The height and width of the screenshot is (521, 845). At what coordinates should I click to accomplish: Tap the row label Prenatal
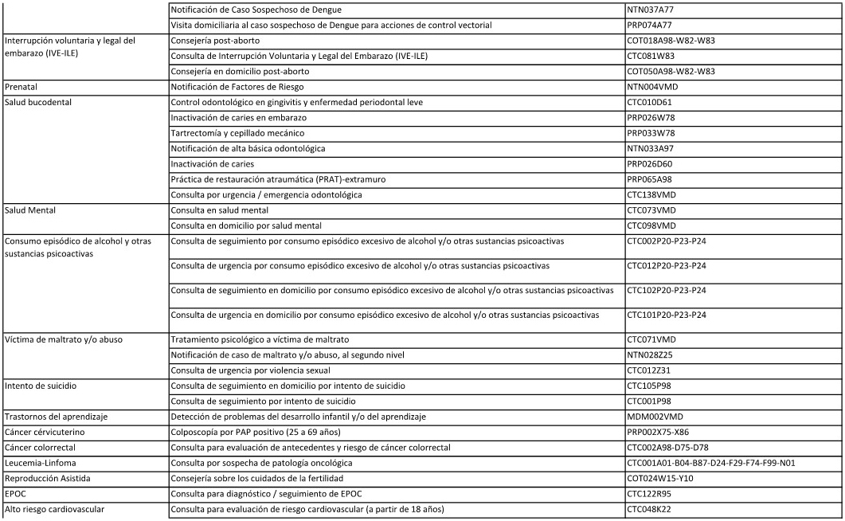click(22, 86)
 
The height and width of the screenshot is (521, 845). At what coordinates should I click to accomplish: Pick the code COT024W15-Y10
click(663, 478)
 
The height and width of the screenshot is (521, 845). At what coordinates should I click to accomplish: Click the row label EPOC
click(17, 494)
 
